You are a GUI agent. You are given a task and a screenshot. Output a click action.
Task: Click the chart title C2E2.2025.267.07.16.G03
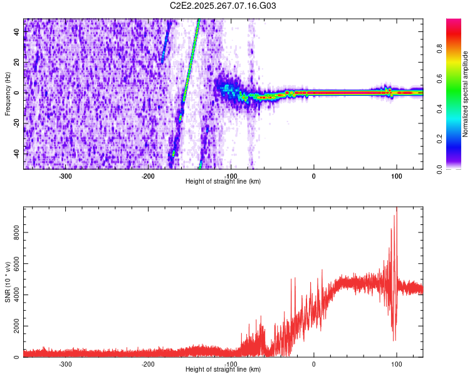223,6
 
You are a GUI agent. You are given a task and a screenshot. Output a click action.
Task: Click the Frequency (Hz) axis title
7,94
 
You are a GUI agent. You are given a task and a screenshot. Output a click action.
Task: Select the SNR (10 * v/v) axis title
7,281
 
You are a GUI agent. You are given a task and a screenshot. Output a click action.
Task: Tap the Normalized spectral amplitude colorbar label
466,94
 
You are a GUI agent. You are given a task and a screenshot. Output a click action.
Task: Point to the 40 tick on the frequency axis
17,32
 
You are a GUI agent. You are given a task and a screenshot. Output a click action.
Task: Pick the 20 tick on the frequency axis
17,63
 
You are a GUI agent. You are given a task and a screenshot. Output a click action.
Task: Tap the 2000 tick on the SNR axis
13,326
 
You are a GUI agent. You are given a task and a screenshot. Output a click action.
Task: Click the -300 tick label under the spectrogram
66,176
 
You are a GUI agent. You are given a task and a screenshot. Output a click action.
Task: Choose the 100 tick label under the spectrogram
396,176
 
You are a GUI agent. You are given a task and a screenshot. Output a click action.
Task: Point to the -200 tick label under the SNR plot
148,364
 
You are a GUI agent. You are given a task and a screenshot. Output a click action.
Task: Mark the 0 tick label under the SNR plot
314,364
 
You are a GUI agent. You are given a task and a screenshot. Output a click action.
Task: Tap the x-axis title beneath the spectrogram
223,182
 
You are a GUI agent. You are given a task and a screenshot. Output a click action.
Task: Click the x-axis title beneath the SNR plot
223,370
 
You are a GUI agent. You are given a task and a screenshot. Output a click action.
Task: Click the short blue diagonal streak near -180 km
165,41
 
